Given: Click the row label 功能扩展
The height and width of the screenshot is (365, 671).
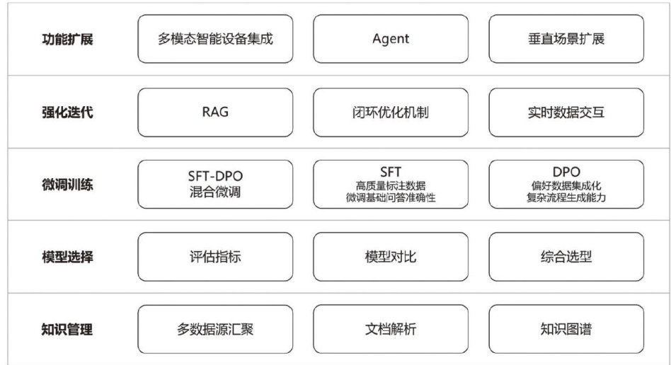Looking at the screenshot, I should (67, 39).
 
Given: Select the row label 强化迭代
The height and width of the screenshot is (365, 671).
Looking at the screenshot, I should (67, 112).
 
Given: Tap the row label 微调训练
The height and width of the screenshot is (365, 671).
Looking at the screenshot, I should (67, 184).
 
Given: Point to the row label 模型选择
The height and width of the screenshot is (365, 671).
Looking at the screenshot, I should (67, 256).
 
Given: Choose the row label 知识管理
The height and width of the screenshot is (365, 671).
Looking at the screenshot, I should (67, 329).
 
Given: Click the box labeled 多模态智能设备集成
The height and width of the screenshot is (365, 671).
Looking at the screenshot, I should (215, 39).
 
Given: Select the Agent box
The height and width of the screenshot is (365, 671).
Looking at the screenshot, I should (390, 39).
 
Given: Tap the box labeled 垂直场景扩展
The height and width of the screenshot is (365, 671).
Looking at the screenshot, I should (566, 39).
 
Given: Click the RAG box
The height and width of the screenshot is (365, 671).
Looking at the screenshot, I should (215, 112).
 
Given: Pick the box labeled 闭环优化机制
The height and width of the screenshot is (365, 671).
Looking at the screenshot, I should (390, 112).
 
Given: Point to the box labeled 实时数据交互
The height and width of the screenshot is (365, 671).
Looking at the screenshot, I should (566, 112).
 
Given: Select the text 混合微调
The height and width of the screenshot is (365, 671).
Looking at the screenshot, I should (215, 192).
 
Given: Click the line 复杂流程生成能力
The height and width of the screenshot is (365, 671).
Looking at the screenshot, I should (566, 198).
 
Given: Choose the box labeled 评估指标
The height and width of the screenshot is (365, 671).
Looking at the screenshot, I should (215, 256).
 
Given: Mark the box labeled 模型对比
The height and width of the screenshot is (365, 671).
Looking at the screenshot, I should (390, 256).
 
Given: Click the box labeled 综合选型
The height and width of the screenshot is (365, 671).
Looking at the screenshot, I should (566, 256).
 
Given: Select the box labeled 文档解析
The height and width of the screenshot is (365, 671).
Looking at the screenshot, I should (390, 329).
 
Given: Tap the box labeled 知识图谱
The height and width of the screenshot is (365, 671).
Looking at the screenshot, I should (566, 329).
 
